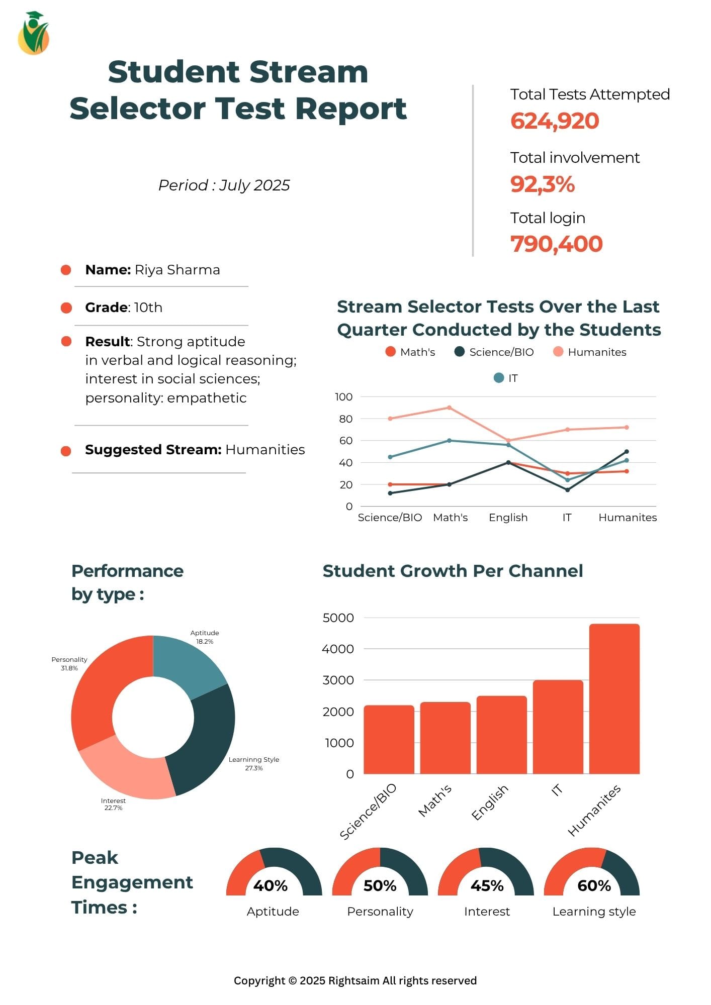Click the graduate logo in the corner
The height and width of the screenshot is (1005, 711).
33,33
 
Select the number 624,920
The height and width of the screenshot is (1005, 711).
555,121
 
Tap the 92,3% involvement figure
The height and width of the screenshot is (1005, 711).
542,184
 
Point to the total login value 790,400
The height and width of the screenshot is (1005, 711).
556,244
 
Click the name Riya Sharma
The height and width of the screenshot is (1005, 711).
177,270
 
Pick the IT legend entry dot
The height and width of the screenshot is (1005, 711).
498,378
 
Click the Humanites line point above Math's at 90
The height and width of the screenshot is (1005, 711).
449,408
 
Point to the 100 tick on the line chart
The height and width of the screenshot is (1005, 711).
344,397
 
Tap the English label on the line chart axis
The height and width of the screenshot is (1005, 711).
508,518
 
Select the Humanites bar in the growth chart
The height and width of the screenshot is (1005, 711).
614,698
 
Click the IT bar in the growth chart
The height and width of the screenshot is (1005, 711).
558,727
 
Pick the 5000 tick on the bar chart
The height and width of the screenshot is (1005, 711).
338,618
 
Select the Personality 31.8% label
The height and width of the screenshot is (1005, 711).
69,664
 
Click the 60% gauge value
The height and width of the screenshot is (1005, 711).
594,885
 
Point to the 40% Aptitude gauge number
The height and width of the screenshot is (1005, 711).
271,885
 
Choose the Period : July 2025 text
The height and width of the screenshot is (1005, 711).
224,185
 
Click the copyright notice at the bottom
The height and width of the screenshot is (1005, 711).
355,980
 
